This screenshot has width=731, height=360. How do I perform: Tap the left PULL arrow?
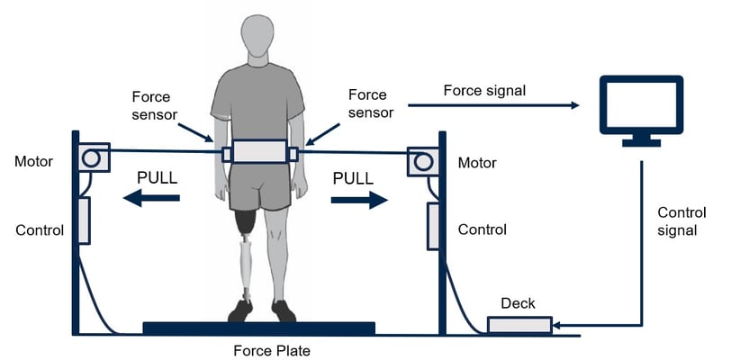[x=151, y=198]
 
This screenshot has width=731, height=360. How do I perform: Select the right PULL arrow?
[x=359, y=200]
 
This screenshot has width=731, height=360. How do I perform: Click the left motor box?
[x=94, y=157]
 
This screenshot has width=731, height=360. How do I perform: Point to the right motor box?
[x=423, y=162]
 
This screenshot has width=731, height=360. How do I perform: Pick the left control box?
[x=84, y=220]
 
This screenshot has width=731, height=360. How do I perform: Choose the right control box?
[x=433, y=226]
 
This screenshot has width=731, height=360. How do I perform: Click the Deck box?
[x=519, y=325]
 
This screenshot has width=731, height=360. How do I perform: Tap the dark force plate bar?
[x=258, y=328]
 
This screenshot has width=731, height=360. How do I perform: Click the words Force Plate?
[x=272, y=350]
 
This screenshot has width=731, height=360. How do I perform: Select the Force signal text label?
[x=484, y=91]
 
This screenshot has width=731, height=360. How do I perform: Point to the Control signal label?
[x=681, y=221]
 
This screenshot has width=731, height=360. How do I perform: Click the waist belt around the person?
[x=259, y=151]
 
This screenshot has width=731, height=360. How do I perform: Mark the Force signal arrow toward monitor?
[x=493, y=105]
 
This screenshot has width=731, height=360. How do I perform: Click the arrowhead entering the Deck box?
[x=555, y=326]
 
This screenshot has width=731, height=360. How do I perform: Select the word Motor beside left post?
[x=33, y=162]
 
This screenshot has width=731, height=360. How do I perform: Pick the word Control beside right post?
[x=482, y=229]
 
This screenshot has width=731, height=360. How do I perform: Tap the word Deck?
[x=518, y=304]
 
